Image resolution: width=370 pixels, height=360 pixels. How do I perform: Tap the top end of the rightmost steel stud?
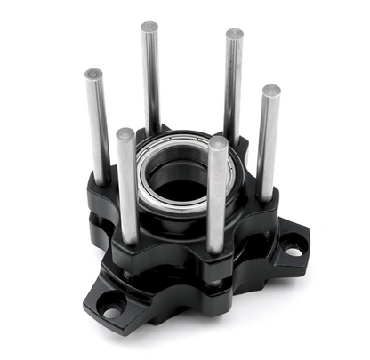click(x=270, y=90)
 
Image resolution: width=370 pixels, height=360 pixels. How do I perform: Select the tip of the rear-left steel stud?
click(x=149, y=27)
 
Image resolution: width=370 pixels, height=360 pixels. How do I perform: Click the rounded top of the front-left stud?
click(x=125, y=135)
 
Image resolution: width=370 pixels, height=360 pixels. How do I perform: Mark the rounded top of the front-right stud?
click(x=217, y=143)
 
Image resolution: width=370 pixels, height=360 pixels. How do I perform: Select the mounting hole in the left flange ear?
click(x=111, y=311)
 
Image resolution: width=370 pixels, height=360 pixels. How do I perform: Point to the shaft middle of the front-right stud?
click(x=216, y=196)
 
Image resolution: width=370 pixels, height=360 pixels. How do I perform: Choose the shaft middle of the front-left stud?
click(x=128, y=187)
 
